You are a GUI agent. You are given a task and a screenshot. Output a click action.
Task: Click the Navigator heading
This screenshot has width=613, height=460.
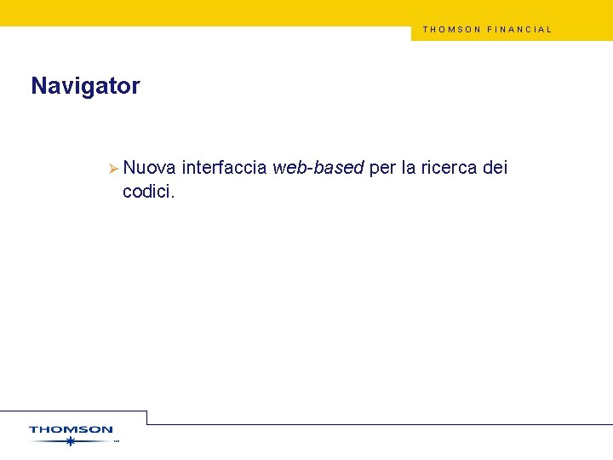tap(85, 86)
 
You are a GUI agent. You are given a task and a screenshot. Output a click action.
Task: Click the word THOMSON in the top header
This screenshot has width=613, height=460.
tap(452, 29)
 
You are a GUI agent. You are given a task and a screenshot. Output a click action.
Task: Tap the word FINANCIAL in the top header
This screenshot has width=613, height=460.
tap(519, 29)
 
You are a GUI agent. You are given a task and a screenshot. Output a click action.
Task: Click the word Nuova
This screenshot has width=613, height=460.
tap(149, 169)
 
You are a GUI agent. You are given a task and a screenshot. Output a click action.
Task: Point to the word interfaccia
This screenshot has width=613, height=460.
tap(224, 169)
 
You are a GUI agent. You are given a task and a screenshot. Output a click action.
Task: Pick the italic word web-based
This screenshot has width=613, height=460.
tap(318, 169)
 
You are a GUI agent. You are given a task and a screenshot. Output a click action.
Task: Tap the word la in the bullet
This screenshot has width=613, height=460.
tap(409, 169)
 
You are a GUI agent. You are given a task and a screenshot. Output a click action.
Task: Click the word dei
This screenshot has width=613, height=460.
tap(495, 169)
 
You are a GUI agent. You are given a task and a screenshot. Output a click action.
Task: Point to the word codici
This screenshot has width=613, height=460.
tap(146, 192)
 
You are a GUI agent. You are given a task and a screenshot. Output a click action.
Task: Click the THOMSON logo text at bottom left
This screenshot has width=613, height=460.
tap(71, 430)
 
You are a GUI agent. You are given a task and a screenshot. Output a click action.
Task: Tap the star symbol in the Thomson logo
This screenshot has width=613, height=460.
tap(71, 441)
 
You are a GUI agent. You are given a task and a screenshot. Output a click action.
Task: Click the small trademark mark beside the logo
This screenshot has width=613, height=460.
tap(116, 442)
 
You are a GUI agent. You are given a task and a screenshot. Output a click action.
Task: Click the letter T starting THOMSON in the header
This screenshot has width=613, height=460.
tap(425, 29)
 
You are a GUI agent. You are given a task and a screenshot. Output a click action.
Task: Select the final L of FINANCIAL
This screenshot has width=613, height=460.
tap(549, 29)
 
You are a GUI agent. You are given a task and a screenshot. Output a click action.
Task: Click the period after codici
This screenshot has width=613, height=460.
tap(173, 197)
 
